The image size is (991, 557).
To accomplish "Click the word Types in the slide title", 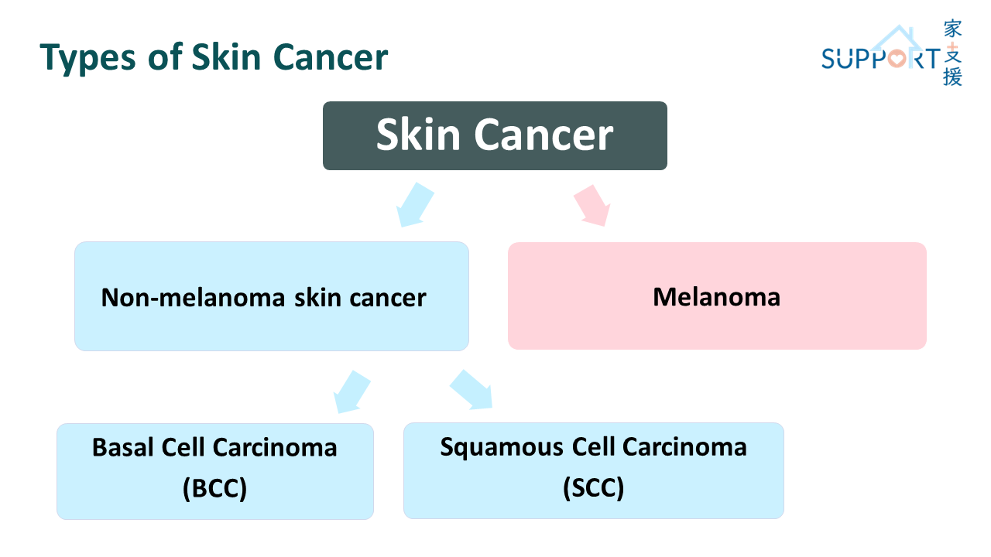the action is tap(87, 58).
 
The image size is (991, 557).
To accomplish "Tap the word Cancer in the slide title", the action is tap(331, 57).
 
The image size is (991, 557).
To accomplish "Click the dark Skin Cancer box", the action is tap(495, 135).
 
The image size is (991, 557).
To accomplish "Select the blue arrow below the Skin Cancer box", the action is tap(415, 205).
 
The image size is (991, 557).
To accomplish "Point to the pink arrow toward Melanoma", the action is tap(592, 206).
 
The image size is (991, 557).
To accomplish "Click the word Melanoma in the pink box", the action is tap(717, 296).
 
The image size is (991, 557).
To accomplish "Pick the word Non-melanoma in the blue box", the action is tap(193, 298).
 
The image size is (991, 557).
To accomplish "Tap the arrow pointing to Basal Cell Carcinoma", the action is tap(351, 391).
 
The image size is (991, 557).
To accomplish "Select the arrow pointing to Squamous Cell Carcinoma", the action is tap(471, 390).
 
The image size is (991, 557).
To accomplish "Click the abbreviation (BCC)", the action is tap(215, 488).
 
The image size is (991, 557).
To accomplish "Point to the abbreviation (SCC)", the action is tap(593, 487).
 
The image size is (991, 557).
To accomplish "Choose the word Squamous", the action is tap(502, 448).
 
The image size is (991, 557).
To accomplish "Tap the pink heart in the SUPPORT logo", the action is tap(897, 58).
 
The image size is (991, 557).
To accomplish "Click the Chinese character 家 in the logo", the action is tap(952, 29).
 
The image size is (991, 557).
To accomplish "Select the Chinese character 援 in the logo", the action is tap(952, 76).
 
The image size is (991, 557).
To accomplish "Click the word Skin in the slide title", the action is tap(226, 57).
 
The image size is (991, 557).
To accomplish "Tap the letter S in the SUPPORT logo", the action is tap(829, 59).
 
